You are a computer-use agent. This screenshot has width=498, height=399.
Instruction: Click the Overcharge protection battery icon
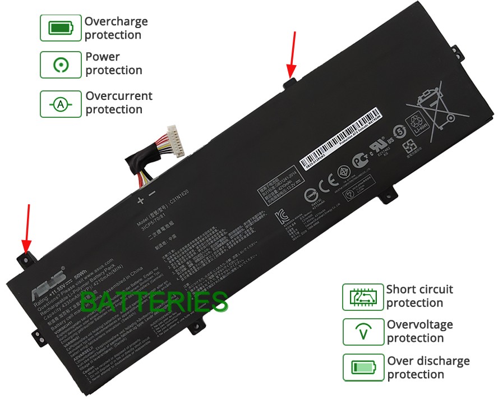pos(61,27)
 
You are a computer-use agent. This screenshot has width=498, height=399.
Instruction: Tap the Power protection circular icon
pos(61,65)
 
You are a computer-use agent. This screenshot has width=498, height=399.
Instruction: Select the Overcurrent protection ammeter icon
pos(61,103)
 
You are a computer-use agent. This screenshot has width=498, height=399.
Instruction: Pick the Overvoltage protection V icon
pos(363,332)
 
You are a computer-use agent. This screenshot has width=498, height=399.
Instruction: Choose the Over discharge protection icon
pos(363,368)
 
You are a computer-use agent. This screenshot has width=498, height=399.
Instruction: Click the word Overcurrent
pos(119,96)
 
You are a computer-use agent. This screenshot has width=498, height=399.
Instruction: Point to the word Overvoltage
pos(419,324)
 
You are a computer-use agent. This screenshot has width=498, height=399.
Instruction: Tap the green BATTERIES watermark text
pos(154,302)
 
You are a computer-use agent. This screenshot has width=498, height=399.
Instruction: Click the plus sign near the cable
pos(140,199)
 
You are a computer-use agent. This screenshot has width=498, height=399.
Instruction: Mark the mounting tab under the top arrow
pos(290,84)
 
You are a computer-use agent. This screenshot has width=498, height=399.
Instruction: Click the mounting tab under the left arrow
pos(26,258)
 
